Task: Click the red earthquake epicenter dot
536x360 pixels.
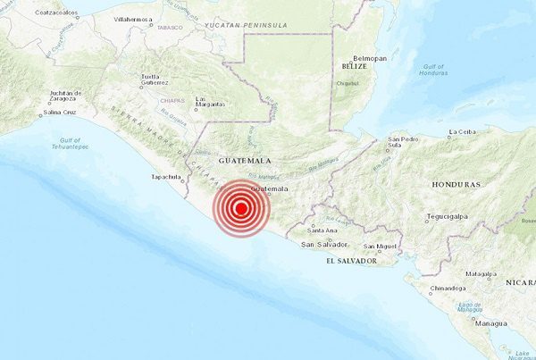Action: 240,209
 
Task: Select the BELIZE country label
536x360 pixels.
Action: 354,66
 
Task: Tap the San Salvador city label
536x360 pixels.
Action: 322,244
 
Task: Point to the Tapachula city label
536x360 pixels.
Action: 166,177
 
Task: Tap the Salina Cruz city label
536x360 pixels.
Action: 62,113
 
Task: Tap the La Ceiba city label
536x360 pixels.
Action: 464,132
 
